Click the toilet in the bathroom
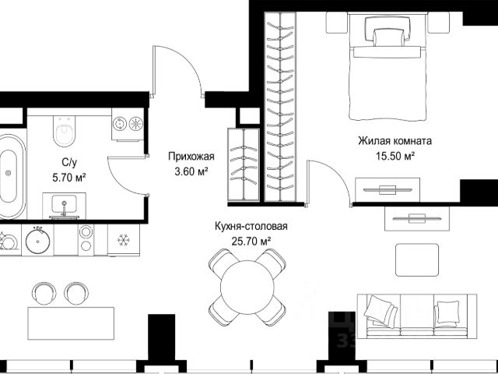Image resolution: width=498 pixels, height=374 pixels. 65,131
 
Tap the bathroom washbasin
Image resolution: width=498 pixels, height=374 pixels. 64,206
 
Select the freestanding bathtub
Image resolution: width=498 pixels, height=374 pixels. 11,177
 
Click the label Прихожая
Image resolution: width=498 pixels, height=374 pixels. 191,157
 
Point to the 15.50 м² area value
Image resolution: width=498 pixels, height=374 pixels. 395,157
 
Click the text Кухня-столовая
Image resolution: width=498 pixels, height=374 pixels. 251,227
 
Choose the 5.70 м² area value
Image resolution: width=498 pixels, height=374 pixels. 69,178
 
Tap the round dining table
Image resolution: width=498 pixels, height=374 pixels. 247,288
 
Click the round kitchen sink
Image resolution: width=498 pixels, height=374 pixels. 38,241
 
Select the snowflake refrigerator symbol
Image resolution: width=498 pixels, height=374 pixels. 124,240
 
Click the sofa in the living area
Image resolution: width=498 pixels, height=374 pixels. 417,316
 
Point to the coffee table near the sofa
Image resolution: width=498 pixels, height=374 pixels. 417,259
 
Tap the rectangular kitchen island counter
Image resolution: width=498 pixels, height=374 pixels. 71,323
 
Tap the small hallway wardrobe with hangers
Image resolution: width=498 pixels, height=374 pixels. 244,164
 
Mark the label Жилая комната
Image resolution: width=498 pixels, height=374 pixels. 395,140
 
